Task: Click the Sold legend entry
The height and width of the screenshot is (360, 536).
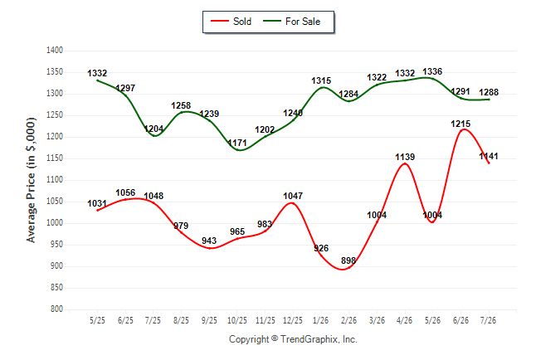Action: point(231,22)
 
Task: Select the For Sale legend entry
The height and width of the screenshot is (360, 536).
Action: point(291,22)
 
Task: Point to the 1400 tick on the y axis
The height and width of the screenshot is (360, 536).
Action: point(55,51)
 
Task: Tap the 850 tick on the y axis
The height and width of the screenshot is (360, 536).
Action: point(56,288)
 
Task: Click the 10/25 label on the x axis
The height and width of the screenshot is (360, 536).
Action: point(237,320)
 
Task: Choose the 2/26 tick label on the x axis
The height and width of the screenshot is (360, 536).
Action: point(348,320)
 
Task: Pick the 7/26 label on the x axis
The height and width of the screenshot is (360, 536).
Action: point(488,320)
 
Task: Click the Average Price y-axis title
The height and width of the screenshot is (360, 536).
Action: point(31,180)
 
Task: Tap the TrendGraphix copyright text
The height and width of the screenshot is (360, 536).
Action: point(293,339)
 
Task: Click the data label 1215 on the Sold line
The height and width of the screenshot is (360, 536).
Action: point(460,124)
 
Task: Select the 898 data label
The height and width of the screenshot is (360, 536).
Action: point(348,260)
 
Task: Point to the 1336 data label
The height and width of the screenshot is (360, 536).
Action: point(432,71)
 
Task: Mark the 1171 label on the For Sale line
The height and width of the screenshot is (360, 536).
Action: point(237,143)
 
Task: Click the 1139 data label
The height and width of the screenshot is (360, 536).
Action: point(405,157)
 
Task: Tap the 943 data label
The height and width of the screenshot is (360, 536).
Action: point(209,241)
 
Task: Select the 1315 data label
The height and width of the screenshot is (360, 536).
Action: point(321,80)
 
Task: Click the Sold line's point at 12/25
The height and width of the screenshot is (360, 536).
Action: point(293,203)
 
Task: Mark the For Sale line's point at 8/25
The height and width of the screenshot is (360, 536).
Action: point(181,112)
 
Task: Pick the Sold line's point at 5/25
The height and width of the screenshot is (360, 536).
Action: point(97,210)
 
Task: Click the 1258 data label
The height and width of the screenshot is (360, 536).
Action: point(181,105)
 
